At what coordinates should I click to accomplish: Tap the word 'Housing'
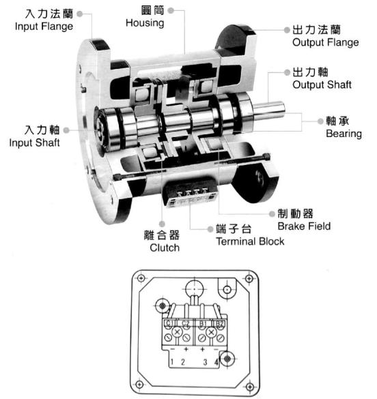pos(144,23)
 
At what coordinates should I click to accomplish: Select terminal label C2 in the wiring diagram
pos(186,323)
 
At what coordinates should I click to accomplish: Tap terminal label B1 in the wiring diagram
pos(203,323)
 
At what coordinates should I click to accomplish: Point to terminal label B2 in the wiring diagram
pos(219,323)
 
